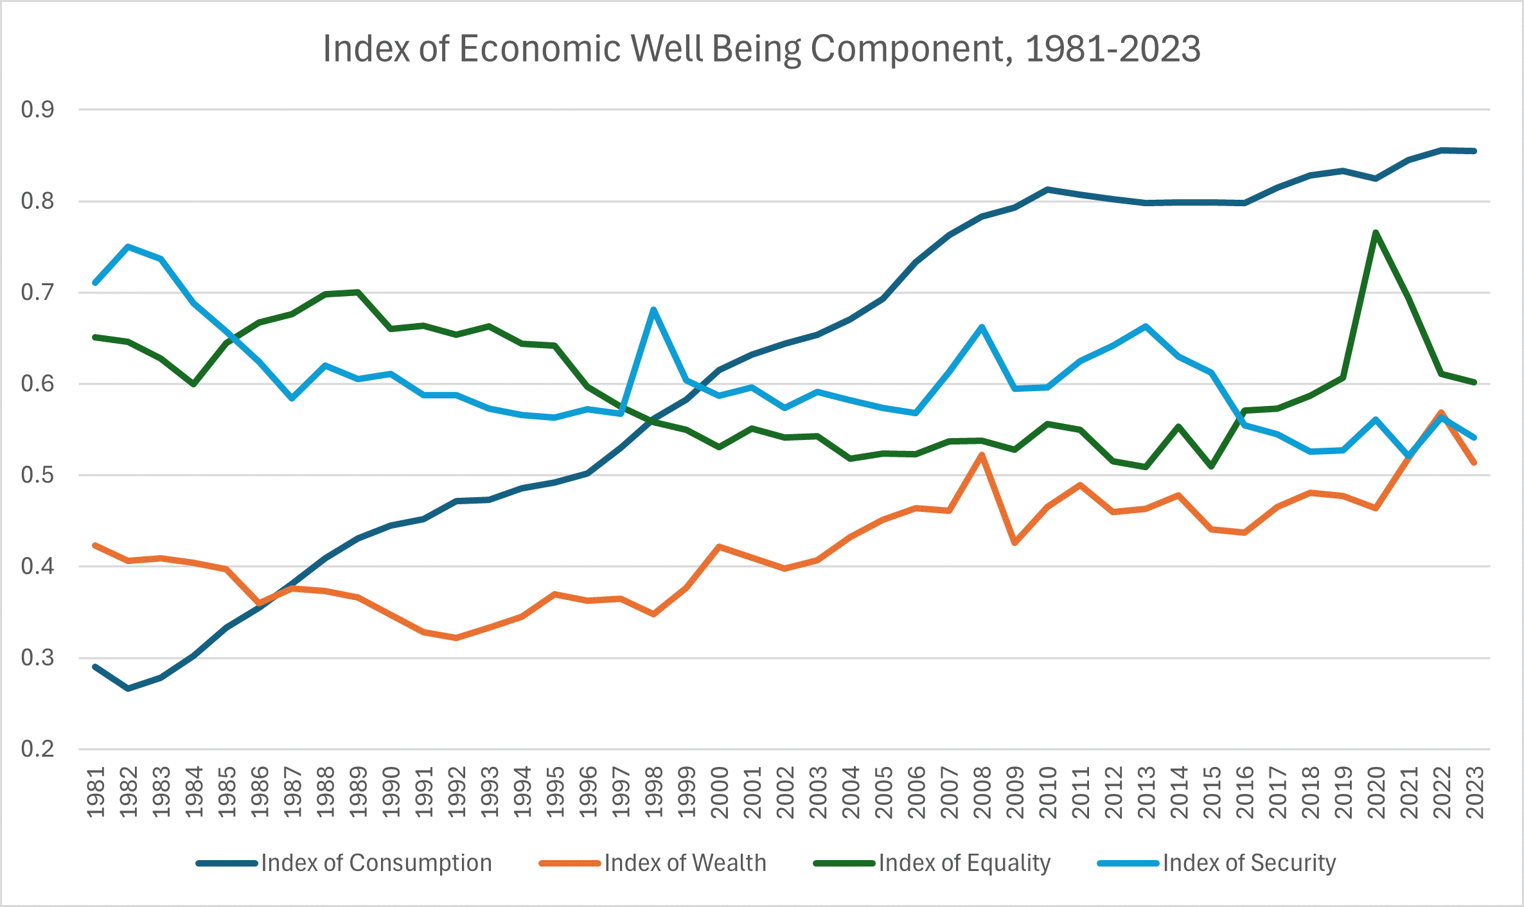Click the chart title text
coord(761,49)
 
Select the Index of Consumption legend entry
coord(376,863)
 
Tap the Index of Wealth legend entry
coord(685,863)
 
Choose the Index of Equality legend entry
coord(964,863)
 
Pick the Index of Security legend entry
coord(1248,863)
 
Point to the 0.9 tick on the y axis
coord(37,110)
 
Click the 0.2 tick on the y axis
coord(37,749)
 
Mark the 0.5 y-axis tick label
coord(37,475)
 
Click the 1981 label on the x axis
coord(96,792)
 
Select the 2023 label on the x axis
coord(1474,792)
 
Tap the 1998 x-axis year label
coord(653,792)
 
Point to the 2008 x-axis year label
coord(982,792)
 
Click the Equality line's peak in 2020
coord(1376,232)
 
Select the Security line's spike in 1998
coord(653,310)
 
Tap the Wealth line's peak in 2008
coord(982,455)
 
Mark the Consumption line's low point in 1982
coord(128,689)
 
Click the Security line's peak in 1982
coord(128,246)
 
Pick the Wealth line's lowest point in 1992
coord(456,638)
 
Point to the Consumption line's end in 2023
coord(1474,151)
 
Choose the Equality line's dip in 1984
coord(193,384)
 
